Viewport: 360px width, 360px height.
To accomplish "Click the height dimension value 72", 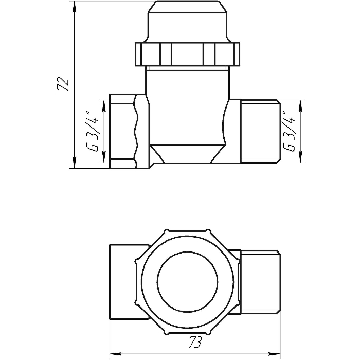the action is [63, 83].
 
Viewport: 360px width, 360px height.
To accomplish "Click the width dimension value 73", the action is [195, 343].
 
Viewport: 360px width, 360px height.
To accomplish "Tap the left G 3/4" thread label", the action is [93, 131].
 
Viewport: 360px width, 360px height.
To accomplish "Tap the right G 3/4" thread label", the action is [289, 131].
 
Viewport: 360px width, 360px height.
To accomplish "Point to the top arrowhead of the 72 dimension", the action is [74, 6].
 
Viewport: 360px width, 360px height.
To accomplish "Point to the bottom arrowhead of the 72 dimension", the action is [74, 163].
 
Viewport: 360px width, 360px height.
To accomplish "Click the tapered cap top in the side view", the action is [187, 6].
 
